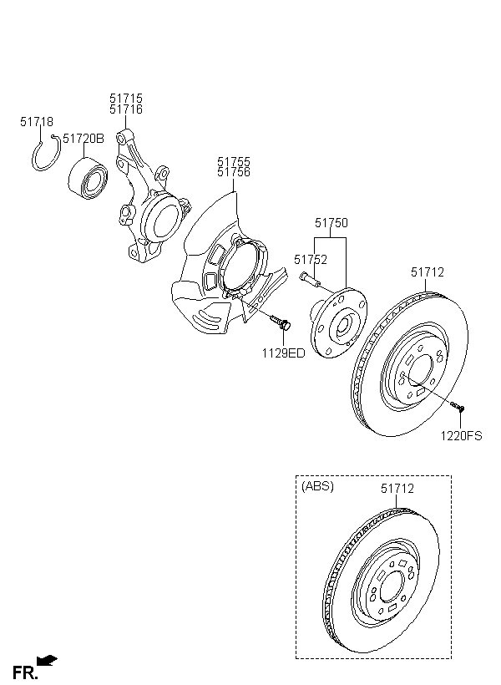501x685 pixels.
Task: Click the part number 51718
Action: (37, 122)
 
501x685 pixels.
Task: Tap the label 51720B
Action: (83, 139)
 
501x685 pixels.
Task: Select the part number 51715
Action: (126, 99)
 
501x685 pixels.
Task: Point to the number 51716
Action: (126, 109)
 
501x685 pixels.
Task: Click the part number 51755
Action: (234, 161)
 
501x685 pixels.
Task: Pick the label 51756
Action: (234, 172)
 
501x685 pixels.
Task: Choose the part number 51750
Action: (331, 223)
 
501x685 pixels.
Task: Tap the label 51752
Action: (311, 260)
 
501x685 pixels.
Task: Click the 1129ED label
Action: (283, 353)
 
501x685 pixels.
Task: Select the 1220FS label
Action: (461, 436)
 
